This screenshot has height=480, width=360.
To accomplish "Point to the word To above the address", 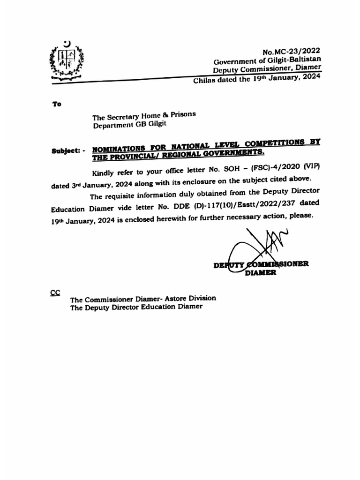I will click(56, 104).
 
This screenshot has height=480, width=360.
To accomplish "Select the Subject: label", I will click(67, 151).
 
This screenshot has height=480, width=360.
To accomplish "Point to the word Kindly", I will click(105, 171).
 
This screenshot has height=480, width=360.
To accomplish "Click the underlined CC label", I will click(55, 292).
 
